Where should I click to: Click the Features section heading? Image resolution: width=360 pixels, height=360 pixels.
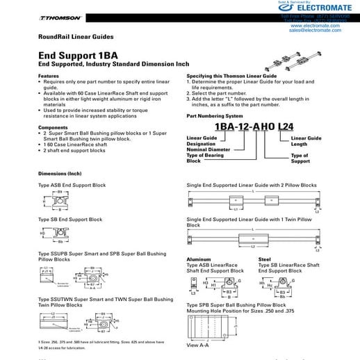(49, 75)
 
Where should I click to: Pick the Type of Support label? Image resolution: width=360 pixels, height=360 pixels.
(300, 158)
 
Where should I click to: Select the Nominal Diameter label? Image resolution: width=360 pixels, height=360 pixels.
(206, 149)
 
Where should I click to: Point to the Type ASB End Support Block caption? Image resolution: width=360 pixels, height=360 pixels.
(73, 186)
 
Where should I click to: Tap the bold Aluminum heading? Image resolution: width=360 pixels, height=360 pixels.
(198, 259)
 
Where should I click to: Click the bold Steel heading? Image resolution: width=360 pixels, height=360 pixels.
(265, 259)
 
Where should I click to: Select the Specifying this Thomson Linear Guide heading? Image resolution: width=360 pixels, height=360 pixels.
(232, 75)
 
